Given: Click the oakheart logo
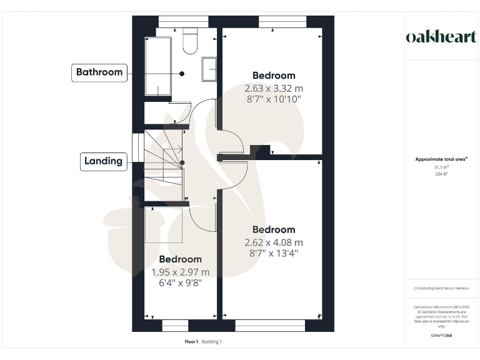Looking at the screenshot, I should (441, 36).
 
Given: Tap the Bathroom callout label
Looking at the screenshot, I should (99, 72).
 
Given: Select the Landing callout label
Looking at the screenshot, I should (103, 161).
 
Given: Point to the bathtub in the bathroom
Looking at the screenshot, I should (157, 66).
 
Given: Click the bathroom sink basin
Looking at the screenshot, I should (209, 69).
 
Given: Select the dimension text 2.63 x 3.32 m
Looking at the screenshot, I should (274, 88).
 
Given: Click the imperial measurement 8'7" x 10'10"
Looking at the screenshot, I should (274, 99).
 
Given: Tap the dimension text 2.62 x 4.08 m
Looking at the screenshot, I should (274, 242).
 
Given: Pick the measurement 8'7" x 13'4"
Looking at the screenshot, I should (274, 253).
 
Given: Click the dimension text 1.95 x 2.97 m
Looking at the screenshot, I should (181, 272).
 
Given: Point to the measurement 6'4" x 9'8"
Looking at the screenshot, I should (181, 282).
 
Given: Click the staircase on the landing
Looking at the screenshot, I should (164, 166).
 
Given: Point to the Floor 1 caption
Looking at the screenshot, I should (191, 342).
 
